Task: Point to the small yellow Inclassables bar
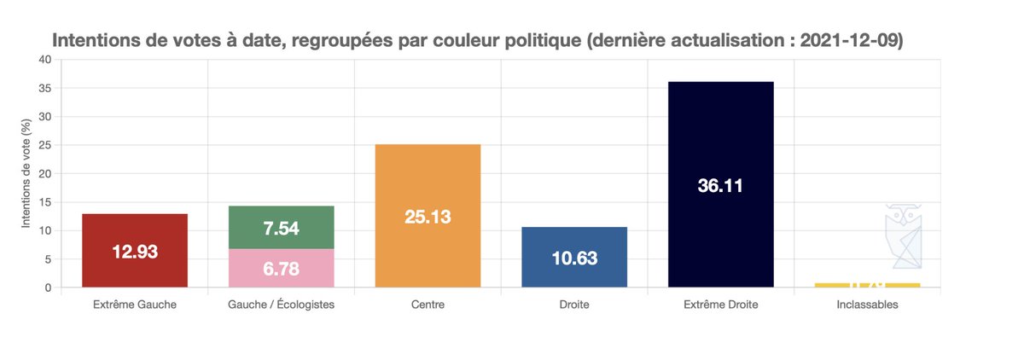[x=867, y=285]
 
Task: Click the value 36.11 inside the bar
[x=721, y=186]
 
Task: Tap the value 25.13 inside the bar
[x=428, y=217]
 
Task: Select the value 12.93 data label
[x=135, y=252]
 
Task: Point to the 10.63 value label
[x=574, y=258]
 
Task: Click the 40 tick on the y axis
[x=45, y=60]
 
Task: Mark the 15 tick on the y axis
[x=45, y=202]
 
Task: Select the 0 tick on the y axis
[x=49, y=287]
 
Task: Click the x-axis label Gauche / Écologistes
[x=281, y=305]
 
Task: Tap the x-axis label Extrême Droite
[x=721, y=305]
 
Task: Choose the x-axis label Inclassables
[x=867, y=305]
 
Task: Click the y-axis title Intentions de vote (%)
[x=26, y=173]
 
